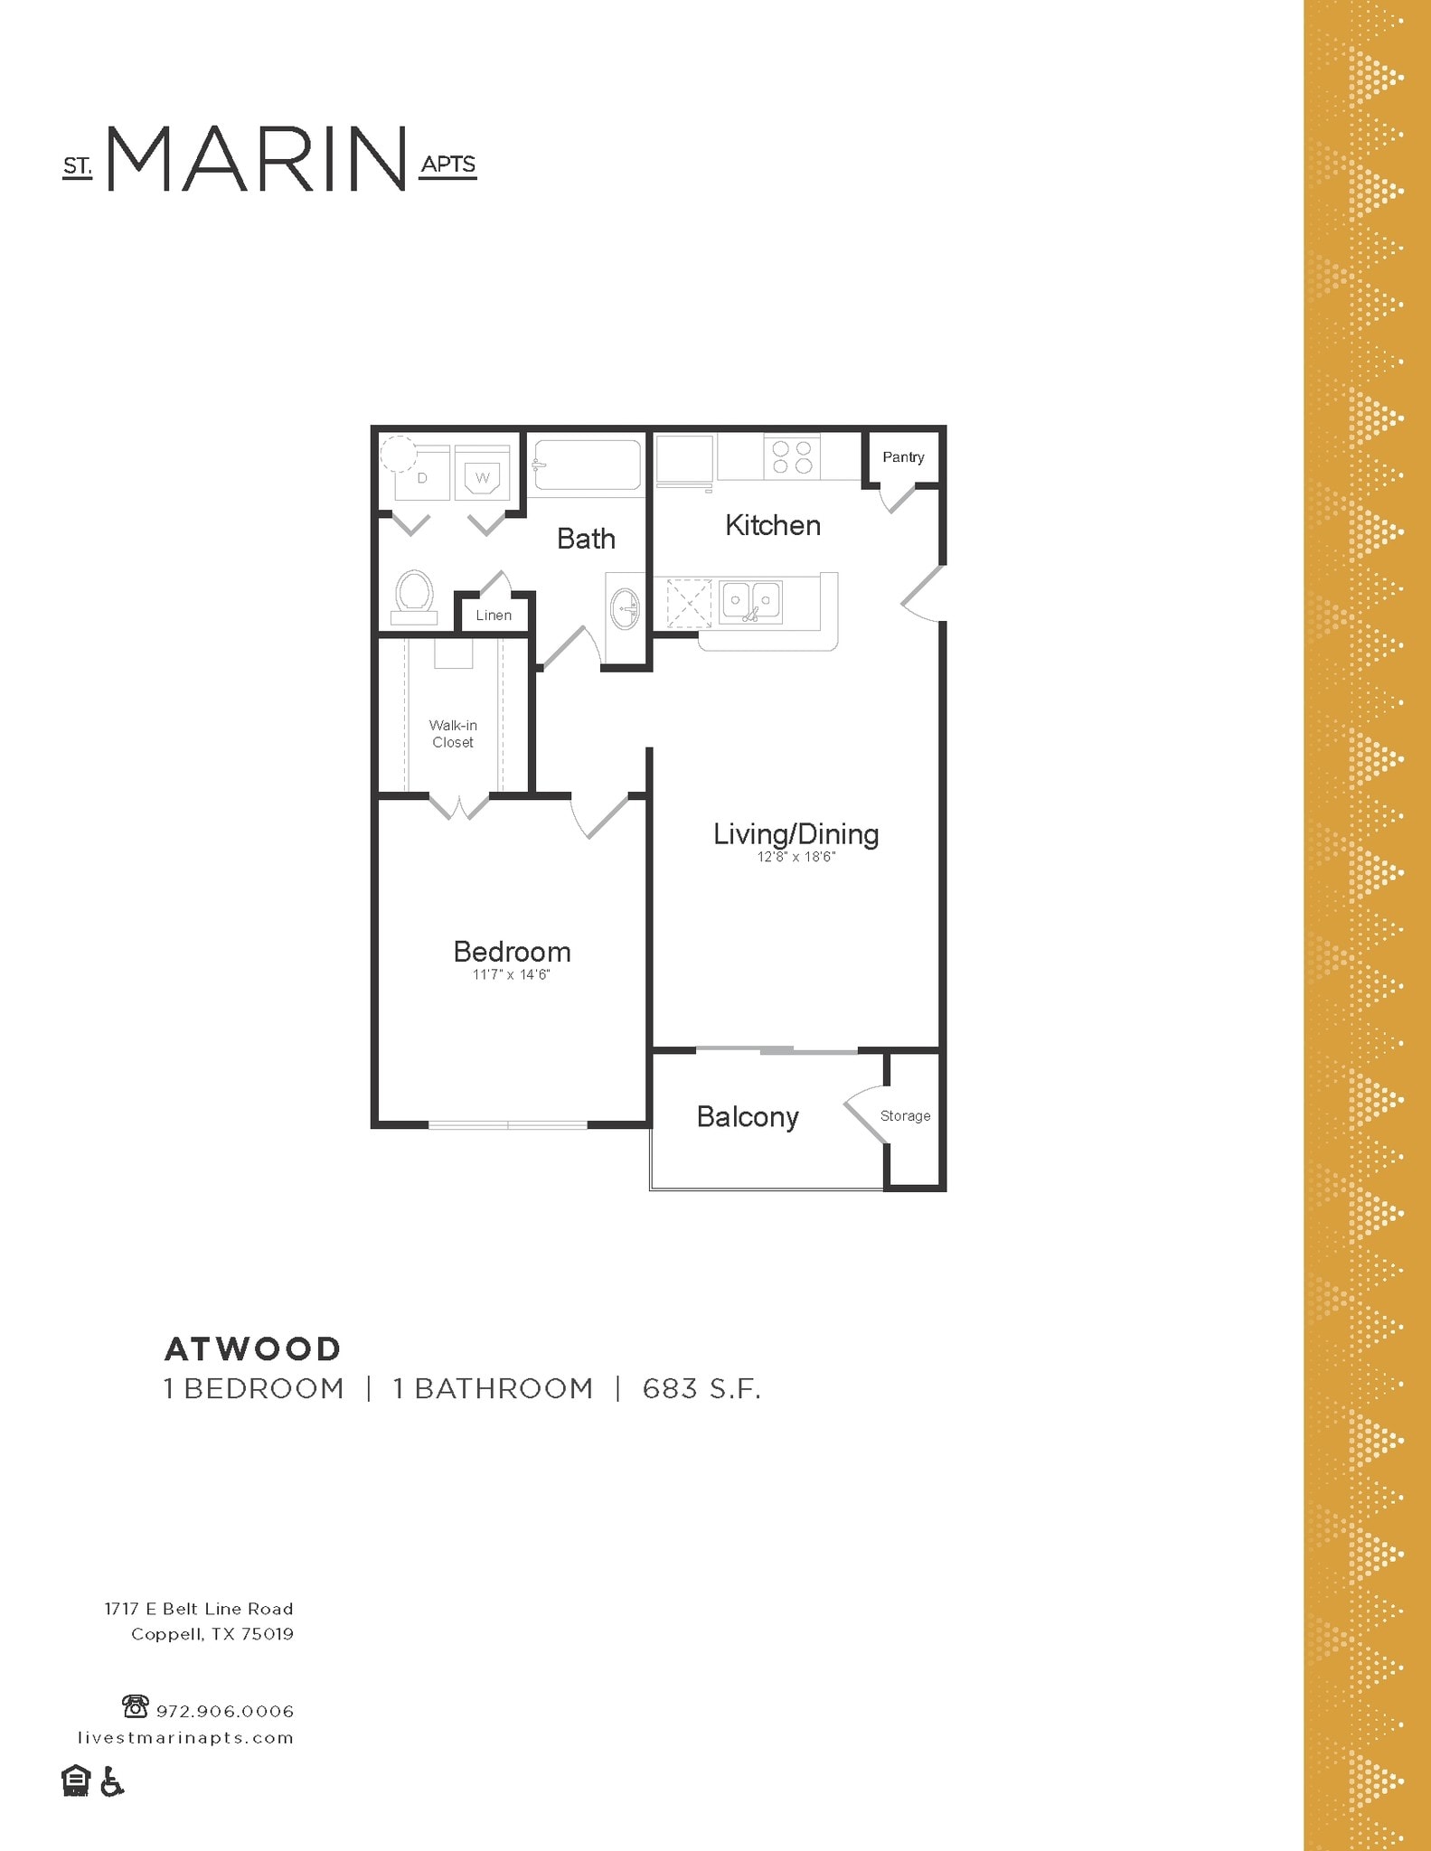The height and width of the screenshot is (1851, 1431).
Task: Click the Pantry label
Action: coord(903,457)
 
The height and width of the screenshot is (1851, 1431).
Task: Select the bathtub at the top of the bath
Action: coord(585,465)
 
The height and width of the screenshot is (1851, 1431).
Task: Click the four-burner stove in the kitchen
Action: coord(793,457)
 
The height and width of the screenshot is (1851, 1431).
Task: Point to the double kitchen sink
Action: coord(751,600)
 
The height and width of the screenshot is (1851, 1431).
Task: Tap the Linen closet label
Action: coord(494,615)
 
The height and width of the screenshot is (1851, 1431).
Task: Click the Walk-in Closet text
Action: coord(453,734)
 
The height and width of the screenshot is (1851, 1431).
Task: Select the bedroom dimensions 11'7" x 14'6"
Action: coord(511,975)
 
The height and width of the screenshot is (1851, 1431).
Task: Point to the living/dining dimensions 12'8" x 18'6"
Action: coord(796,857)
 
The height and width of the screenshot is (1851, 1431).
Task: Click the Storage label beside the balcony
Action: coord(905,1116)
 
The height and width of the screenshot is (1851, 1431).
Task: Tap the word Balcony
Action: coord(748,1117)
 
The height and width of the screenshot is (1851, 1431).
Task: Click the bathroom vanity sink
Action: coord(625,608)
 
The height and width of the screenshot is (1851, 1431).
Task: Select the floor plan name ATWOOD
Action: coord(252,1349)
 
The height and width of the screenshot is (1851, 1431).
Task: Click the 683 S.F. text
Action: coord(701,1389)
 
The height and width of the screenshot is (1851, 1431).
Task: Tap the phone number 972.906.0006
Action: coord(225,1711)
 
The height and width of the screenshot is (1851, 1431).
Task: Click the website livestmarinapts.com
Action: coord(185,1738)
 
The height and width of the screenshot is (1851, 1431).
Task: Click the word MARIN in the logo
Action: coord(257,159)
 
